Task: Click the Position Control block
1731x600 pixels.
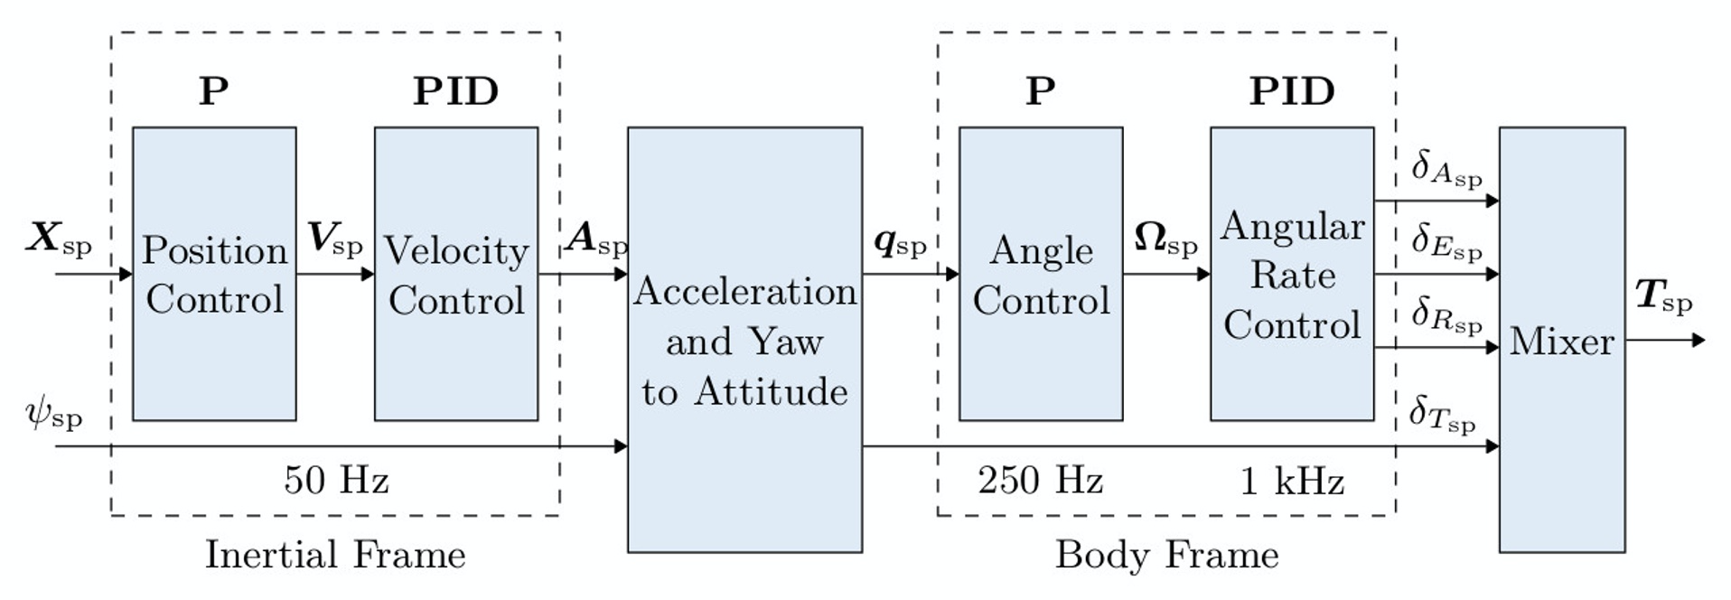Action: point(214,274)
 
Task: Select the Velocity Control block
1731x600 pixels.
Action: point(456,274)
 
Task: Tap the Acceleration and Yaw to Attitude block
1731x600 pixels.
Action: point(744,340)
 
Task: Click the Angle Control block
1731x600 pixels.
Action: point(1041,274)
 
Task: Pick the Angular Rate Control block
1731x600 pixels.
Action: point(1292,274)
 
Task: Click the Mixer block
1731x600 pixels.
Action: point(1562,340)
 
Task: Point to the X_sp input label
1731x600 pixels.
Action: point(59,239)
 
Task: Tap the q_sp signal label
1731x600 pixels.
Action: point(900,241)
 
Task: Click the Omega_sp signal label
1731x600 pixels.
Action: point(1165,239)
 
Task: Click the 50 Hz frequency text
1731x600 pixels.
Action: point(336,480)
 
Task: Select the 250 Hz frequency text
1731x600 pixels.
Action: point(1041,480)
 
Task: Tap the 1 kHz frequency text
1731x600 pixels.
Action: point(1292,481)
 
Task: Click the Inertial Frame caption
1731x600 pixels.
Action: point(335,554)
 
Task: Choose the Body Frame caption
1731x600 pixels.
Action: point(1167,554)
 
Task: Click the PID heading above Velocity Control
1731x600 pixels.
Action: point(456,91)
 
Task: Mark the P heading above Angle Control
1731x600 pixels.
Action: point(1041,91)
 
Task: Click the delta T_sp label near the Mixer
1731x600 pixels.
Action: point(1442,415)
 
